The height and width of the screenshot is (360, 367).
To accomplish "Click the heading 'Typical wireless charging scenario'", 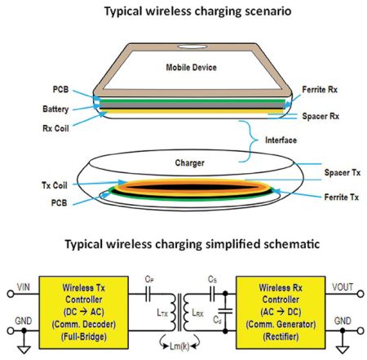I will point(183,11).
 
